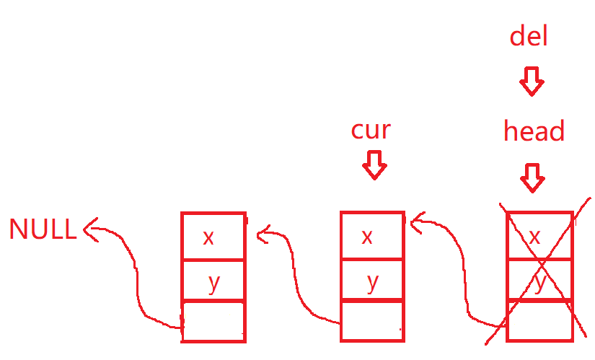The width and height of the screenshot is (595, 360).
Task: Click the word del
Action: coord(529,35)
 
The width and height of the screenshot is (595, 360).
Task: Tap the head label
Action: coord(534,131)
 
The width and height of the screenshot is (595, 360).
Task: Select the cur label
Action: coord(371,130)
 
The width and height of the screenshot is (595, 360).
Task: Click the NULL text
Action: coord(42,229)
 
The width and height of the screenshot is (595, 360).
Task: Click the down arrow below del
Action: coord(532,82)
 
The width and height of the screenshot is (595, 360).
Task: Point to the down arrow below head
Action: coord(532,177)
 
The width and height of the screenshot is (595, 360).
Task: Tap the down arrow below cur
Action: coord(374,164)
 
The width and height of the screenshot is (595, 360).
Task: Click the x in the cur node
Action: coord(367,237)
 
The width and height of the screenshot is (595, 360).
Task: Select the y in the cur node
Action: coord(372,281)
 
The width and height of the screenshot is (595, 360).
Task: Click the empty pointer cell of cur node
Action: coord(371,320)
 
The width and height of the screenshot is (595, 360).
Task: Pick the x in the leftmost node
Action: coord(208,237)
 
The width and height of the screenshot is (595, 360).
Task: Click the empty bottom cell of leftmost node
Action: coord(213,321)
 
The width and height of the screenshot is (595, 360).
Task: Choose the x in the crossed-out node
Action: coord(534,237)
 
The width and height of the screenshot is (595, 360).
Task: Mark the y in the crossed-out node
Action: coord(539,282)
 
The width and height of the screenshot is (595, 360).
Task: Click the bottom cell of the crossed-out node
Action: coord(540,320)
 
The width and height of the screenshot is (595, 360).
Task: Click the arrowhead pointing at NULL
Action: coord(89,230)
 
